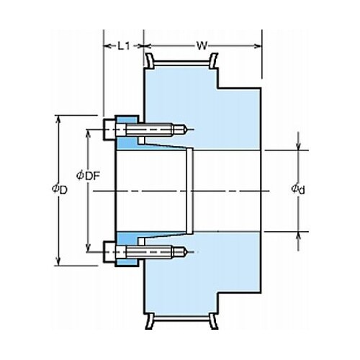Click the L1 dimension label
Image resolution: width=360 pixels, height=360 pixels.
[x=124, y=46]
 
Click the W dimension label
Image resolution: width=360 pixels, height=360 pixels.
[x=202, y=45]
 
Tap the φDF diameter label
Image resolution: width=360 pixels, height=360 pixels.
[x=88, y=176]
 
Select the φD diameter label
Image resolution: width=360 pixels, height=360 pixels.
[x=60, y=189]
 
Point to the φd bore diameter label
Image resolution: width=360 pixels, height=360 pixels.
[x=298, y=189]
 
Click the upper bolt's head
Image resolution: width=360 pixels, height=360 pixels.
[x=109, y=130]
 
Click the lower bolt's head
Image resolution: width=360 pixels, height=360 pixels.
[x=109, y=252]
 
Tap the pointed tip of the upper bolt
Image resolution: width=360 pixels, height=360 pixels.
[x=187, y=130]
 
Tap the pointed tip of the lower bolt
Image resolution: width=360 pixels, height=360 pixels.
[x=187, y=252]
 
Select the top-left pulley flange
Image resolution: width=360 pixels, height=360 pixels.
[x=150, y=60]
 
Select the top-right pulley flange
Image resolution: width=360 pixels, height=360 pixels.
[x=213, y=60]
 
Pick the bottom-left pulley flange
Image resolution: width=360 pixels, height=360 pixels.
[x=150, y=321]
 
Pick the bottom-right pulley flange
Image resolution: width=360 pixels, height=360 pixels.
[x=213, y=321]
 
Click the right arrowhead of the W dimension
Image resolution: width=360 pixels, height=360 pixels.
[x=258, y=46]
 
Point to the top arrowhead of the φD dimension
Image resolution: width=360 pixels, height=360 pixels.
[x=58, y=120]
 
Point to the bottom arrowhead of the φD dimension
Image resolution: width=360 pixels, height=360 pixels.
[x=58, y=261]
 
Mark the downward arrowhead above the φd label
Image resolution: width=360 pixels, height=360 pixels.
[x=298, y=146]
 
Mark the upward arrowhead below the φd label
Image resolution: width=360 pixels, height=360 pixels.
[x=298, y=236]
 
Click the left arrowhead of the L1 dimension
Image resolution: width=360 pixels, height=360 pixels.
[x=107, y=46]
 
